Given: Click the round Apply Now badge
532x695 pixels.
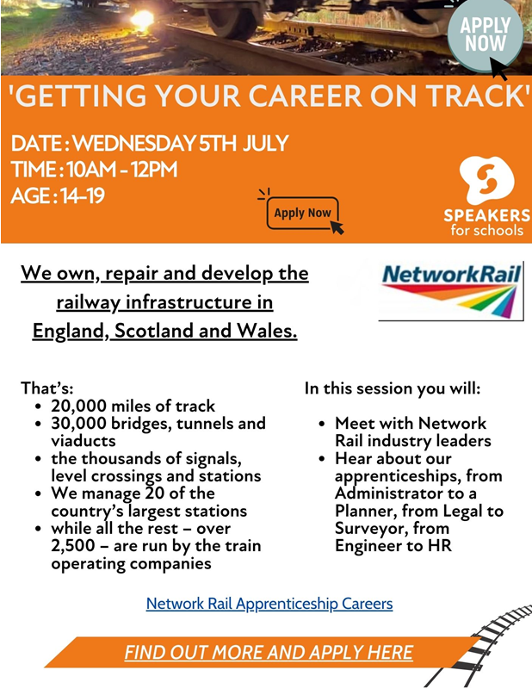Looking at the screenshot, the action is coord(485,35).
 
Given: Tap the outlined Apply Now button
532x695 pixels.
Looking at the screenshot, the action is coord(302,213).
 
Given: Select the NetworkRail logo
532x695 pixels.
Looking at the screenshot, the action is coord(450,291).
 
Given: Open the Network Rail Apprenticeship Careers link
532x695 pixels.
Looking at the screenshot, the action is coord(269,604).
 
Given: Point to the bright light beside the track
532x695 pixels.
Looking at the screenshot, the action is coord(142,19).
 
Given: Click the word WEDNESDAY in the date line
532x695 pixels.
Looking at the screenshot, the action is coord(133,144).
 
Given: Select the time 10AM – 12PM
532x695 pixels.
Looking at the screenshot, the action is coord(122,170).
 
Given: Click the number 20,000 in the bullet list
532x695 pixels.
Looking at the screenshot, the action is coord(78,406).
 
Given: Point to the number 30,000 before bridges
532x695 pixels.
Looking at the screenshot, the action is coord(78,424).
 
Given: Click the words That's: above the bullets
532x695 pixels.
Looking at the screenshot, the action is coord(47,388).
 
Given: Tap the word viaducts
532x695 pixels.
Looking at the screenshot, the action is coord(84,441).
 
